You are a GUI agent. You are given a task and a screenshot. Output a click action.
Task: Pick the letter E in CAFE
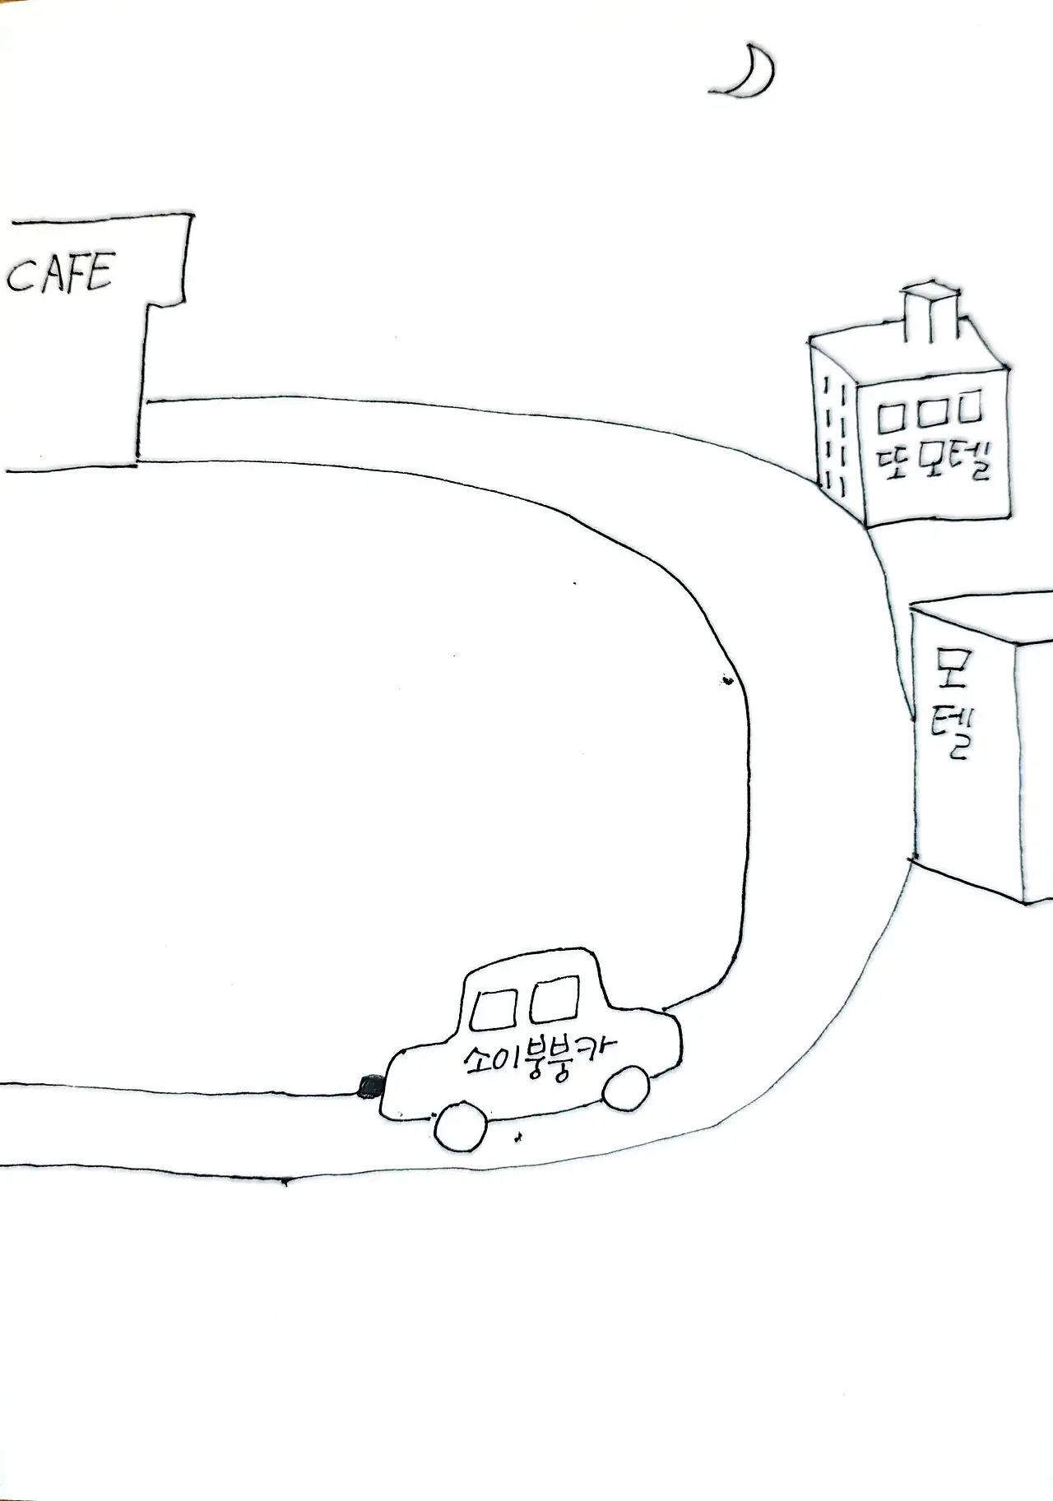(x=98, y=271)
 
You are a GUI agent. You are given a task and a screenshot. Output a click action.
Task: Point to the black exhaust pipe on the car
(x=369, y=1086)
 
